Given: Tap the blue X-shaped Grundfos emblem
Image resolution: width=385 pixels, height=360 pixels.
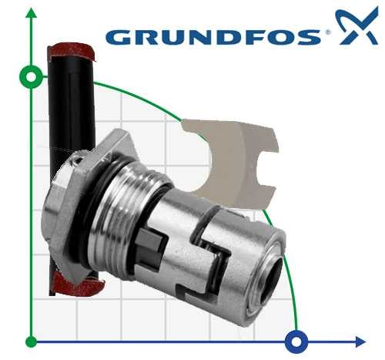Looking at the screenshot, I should pyautogui.click(x=356, y=29).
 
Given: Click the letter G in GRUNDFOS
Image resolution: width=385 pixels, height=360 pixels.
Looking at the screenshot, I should pyautogui.click(x=118, y=37).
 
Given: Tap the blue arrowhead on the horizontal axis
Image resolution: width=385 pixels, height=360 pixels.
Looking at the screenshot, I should pyautogui.click(x=359, y=340).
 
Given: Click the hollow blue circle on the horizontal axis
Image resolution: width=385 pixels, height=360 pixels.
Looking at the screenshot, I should pyautogui.click(x=295, y=340).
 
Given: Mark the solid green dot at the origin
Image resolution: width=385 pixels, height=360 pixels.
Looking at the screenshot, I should pyautogui.click(x=31, y=340).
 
